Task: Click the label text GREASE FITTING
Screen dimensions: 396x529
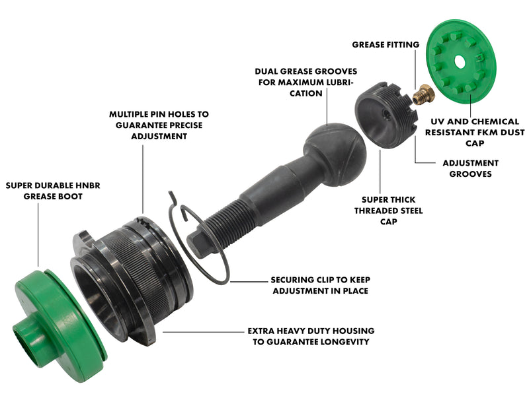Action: coord(386,45)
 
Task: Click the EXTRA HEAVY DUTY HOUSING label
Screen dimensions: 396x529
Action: coord(311,336)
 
